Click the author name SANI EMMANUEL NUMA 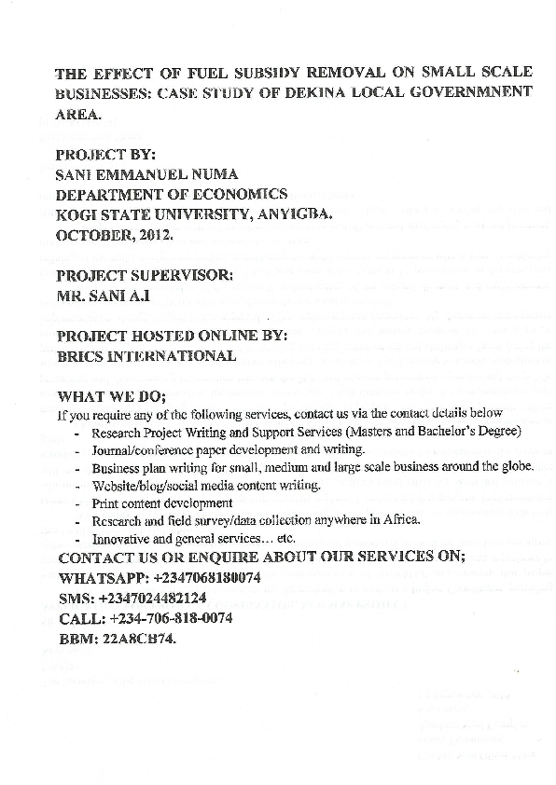click(x=146, y=173)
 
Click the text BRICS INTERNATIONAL click(x=146, y=356)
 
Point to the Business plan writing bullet click(x=313, y=467)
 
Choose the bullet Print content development click(x=161, y=503)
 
